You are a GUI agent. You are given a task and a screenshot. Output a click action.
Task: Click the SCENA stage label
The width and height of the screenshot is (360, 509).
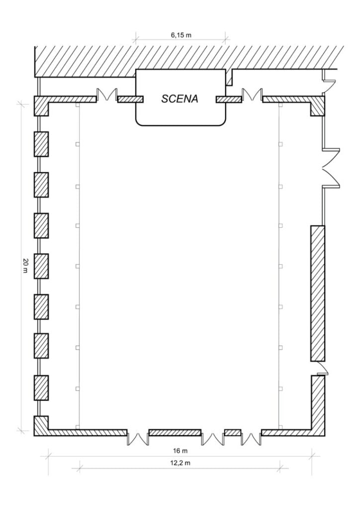180,99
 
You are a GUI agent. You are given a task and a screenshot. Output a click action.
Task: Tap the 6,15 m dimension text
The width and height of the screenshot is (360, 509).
181,35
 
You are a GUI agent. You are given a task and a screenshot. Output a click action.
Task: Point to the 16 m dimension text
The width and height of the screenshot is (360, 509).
180,451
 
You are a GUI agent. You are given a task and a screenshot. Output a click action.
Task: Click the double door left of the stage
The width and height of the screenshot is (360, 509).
107,94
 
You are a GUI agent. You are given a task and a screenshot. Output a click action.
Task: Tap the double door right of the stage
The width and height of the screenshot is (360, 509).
252,94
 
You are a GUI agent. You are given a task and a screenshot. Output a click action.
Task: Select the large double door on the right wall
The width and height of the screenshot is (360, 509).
332,168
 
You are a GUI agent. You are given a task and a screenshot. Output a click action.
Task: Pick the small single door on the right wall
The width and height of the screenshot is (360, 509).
323,369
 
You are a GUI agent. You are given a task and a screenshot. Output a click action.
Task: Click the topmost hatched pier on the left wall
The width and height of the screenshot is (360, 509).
41,144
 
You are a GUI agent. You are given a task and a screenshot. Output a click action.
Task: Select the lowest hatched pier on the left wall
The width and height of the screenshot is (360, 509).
41,388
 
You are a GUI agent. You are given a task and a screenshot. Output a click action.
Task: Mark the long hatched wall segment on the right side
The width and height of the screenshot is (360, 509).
317,293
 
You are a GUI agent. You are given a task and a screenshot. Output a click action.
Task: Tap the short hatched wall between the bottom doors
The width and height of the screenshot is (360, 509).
232,432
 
